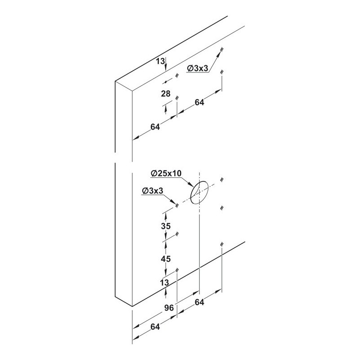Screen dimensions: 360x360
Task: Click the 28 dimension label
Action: pyautogui.click(x=166, y=94)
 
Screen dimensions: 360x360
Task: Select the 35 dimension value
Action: pyautogui.click(x=166, y=226)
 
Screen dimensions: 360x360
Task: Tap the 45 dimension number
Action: pyautogui.click(x=166, y=259)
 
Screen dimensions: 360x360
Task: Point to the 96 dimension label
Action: pyautogui.click(x=169, y=308)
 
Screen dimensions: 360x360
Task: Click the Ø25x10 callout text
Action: pyautogui.click(x=166, y=173)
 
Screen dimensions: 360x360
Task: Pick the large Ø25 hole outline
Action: pyautogui.click(x=199, y=193)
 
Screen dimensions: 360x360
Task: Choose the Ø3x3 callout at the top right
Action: pyautogui.click(x=198, y=68)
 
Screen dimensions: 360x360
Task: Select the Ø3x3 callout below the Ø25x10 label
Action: pyautogui.click(x=153, y=191)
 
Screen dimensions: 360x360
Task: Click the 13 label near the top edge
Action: pyautogui.click(x=161, y=61)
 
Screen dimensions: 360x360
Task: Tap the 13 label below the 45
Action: pyautogui.click(x=165, y=283)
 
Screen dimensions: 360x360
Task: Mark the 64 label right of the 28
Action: pyautogui.click(x=199, y=103)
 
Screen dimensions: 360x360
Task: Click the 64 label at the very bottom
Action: pyautogui.click(x=155, y=327)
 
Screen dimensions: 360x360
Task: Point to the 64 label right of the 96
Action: pyautogui.click(x=199, y=302)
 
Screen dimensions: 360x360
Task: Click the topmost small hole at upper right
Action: pyautogui.click(x=222, y=49)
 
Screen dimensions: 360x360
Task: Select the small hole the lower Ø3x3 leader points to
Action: pyautogui.click(x=177, y=205)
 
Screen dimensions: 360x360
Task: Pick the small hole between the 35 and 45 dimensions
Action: pyautogui.click(x=177, y=234)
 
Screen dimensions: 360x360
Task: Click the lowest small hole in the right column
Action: pyautogui.click(x=222, y=244)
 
